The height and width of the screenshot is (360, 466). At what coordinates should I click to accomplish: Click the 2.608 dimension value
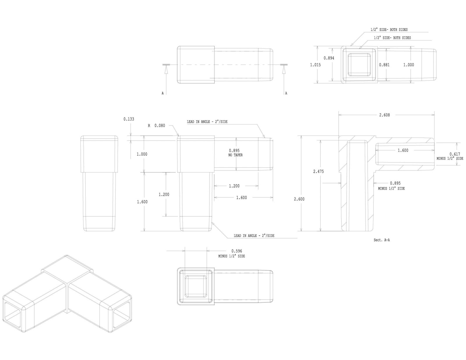coord(384,115)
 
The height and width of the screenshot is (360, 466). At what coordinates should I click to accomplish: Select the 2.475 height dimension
coord(318,172)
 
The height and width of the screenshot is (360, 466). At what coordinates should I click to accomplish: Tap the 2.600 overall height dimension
coord(299,199)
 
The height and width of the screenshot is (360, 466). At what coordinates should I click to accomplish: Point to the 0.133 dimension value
coord(129,119)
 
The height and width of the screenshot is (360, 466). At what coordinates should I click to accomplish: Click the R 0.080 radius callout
coord(156,126)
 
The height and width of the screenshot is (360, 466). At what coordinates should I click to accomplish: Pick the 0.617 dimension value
coord(455,154)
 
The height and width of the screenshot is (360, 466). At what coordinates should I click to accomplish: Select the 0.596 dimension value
coord(236,251)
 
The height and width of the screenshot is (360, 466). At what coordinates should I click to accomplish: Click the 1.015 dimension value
coord(315,65)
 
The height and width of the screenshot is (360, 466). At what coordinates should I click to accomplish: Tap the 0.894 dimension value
coord(329,58)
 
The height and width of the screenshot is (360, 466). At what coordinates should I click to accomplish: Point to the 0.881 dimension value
coord(384,65)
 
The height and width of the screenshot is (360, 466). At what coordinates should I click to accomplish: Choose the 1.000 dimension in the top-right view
coord(408,65)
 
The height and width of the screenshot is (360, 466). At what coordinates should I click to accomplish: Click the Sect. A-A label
coord(382,240)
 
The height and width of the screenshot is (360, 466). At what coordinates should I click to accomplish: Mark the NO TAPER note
coord(235,155)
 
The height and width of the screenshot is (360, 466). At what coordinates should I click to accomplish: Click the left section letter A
coord(163,93)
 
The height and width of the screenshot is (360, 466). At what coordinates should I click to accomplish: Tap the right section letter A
coord(286,93)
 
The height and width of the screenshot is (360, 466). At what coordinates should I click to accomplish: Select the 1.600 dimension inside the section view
coord(403,151)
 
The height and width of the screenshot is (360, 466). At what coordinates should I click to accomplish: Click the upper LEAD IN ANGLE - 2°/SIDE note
coord(207,122)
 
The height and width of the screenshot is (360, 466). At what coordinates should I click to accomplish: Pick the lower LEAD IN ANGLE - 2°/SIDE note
coord(254,236)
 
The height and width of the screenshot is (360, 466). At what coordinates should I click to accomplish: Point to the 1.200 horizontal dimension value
coord(234,186)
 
